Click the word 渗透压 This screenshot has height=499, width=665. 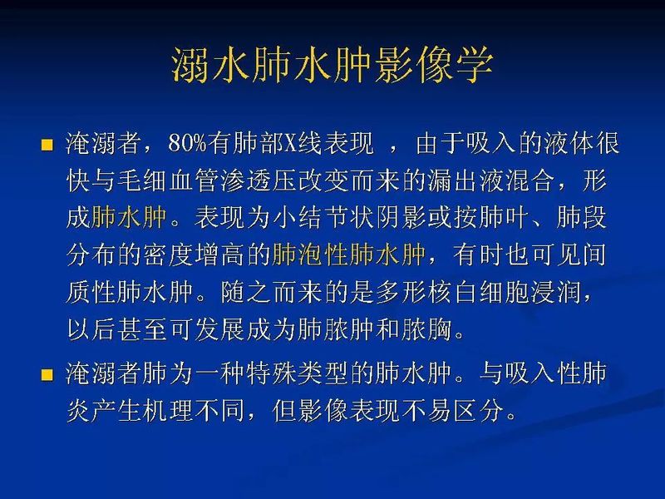pyautogui.click(x=296, y=180)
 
